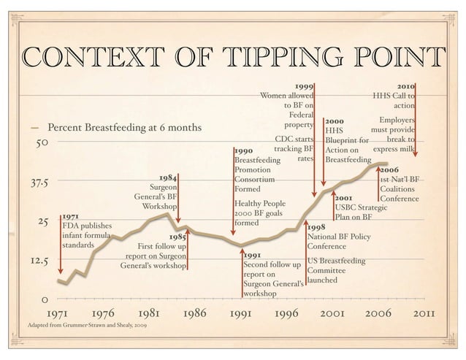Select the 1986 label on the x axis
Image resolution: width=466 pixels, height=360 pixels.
[193, 315]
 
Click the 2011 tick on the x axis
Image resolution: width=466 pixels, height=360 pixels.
[424, 315]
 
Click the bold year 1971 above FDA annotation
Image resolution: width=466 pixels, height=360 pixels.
[70, 216]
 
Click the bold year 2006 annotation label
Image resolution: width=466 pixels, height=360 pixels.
[389, 169]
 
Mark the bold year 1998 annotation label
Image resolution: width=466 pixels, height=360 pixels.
[316, 227]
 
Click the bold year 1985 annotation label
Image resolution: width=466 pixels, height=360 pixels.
[177, 237]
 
